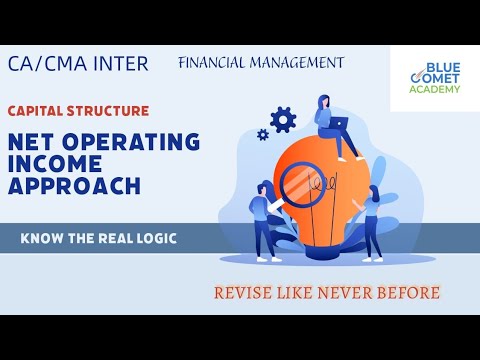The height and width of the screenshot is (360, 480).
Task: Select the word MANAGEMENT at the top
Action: click(298, 62)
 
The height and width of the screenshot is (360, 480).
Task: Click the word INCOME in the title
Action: click(52, 164)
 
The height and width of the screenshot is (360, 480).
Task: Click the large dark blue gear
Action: click(284, 120)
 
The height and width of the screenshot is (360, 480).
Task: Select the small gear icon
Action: click(263, 134)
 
